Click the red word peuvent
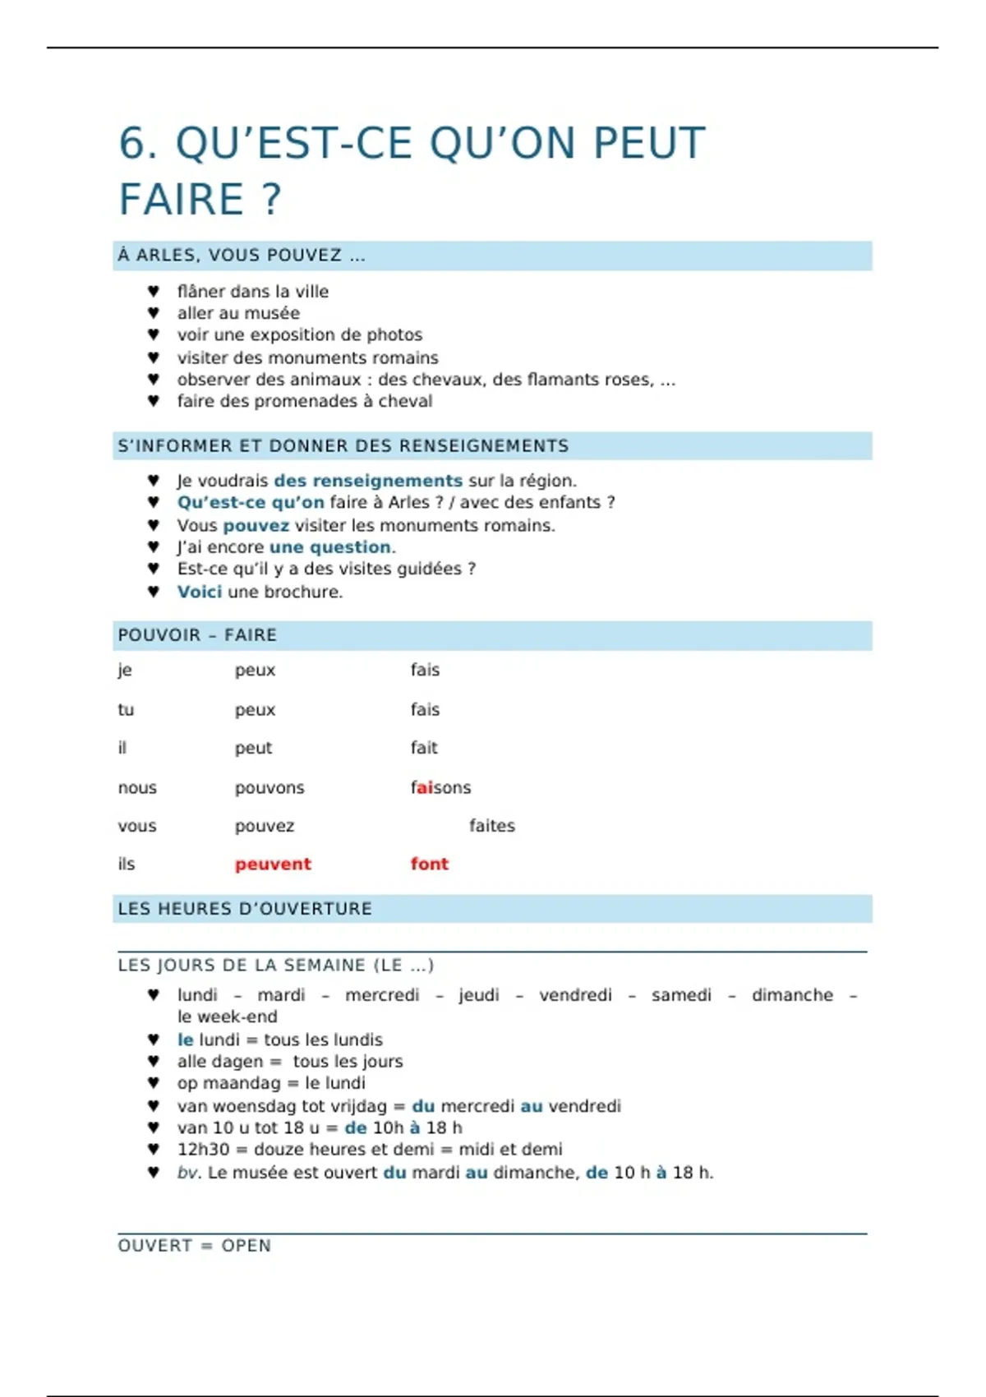click(273, 864)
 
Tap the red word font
click(430, 864)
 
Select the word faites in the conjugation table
click(492, 826)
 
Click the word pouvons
click(270, 788)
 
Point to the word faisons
click(440, 788)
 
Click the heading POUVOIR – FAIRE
click(197, 635)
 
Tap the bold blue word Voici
click(200, 592)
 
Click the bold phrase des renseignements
click(368, 481)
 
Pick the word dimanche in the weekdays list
click(792, 995)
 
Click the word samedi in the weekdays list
click(681, 995)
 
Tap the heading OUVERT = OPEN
click(194, 1246)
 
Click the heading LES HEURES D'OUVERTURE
click(245, 909)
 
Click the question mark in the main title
click(272, 200)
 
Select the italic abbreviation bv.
click(188, 1173)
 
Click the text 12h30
click(203, 1150)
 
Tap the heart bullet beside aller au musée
click(154, 313)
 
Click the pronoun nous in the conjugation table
click(137, 788)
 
